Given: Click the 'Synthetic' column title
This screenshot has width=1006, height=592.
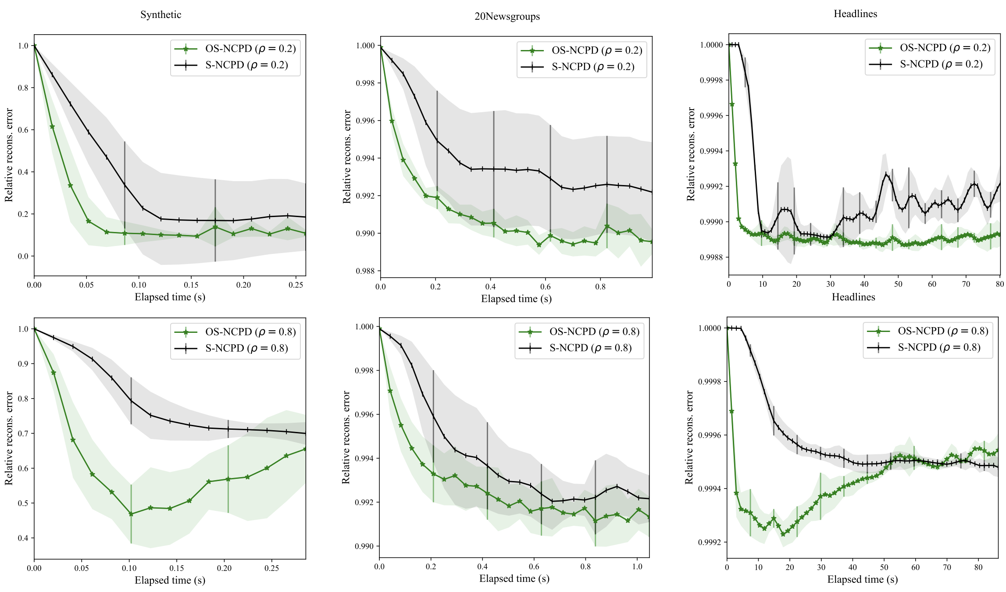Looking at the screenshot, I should [x=161, y=14].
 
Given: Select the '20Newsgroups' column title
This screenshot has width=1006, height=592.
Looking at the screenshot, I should [x=507, y=17].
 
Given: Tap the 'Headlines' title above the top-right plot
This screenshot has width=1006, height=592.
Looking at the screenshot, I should [x=855, y=14].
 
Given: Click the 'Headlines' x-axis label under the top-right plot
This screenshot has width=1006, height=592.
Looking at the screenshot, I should [x=853, y=297].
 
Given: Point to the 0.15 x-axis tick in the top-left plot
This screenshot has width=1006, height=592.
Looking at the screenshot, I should [x=191, y=285].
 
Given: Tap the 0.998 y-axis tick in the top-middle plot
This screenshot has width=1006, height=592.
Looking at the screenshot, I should [x=365, y=83].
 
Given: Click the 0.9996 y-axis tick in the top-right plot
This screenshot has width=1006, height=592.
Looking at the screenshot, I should [x=711, y=116].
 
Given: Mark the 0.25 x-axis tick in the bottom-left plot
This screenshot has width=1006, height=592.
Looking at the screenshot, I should [x=271, y=568].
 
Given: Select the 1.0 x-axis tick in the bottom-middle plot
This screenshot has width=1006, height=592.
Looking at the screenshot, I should [x=637, y=567].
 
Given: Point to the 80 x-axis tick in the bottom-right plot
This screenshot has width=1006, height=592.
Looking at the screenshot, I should [x=978, y=567].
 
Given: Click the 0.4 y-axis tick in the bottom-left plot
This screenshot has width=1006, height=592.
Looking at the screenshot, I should [x=22, y=538].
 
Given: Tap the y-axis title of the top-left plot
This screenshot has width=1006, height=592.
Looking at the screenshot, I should [x=9, y=155].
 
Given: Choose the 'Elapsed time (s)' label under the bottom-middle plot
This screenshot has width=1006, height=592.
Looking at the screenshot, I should [x=514, y=578].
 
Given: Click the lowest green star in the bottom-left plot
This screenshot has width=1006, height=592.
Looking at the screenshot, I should [x=131, y=514].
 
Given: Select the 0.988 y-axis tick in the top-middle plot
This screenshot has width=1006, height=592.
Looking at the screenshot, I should [x=365, y=271].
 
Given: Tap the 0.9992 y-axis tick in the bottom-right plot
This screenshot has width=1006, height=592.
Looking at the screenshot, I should [x=709, y=542].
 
